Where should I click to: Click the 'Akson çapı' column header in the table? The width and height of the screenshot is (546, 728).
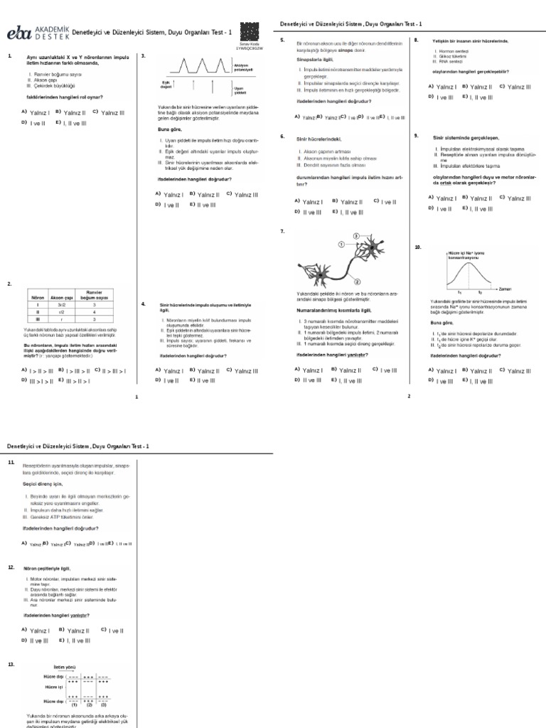[x=65, y=297]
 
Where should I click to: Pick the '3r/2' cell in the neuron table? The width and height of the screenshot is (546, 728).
[x=62, y=304]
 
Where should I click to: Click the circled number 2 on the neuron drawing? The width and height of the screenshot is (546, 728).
[x=357, y=282]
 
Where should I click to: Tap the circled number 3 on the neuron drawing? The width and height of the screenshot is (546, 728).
[x=356, y=236]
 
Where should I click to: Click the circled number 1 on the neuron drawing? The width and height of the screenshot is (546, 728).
[x=341, y=244]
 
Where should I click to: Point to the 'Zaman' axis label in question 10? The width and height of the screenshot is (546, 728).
[x=505, y=289]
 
